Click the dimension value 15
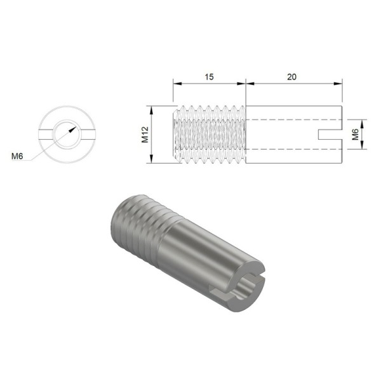tap(209, 76)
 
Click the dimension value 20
tap(292, 76)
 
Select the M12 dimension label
tap(144, 134)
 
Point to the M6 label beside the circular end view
tap(19, 156)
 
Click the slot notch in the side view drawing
tap(333, 134)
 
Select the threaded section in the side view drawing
tap(210, 134)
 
